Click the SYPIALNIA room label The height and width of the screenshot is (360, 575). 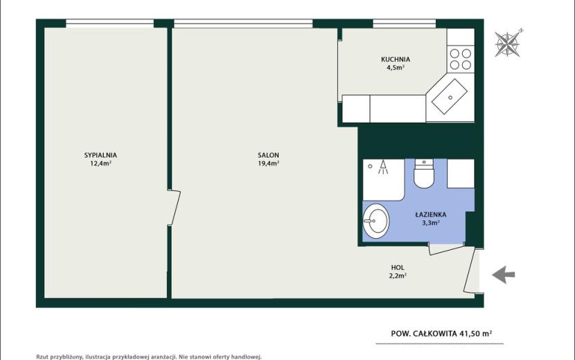pyautogui.click(x=100, y=155)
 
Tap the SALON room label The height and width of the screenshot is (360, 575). pyautogui.click(x=268, y=155)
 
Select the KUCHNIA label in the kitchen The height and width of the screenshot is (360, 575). pyautogui.click(x=396, y=59)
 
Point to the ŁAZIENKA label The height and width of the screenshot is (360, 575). pyautogui.click(x=430, y=214)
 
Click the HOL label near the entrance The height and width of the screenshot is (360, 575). pyautogui.click(x=398, y=268)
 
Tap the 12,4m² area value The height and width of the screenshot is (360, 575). pyautogui.click(x=100, y=163)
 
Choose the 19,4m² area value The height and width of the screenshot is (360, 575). pyautogui.click(x=268, y=163)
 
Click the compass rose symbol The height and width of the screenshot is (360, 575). pyautogui.click(x=508, y=44)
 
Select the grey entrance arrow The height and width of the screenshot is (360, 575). pyautogui.click(x=503, y=275)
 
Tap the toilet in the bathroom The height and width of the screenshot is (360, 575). pyautogui.click(x=424, y=173)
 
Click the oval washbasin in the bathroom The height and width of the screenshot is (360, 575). pyautogui.click(x=375, y=221)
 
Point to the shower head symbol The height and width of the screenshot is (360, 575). pyautogui.click(x=383, y=167)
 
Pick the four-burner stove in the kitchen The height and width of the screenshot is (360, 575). pyautogui.click(x=460, y=59)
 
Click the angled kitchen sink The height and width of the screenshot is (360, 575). pyautogui.click(x=450, y=97)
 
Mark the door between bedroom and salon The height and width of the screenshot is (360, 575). pyautogui.click(x=174, y=208)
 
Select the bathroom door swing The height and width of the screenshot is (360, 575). pyautogui.click(x=447, y=249)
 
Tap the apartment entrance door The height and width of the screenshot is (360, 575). pyautogui.click(x=472, y=271)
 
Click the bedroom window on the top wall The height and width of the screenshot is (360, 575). pyautogui.click(x=109, y=24)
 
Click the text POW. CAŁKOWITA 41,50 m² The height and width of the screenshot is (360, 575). pyautogui.click(x=441, y=334)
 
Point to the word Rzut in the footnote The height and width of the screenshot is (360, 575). pyautogui.click(x=42, y=357)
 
